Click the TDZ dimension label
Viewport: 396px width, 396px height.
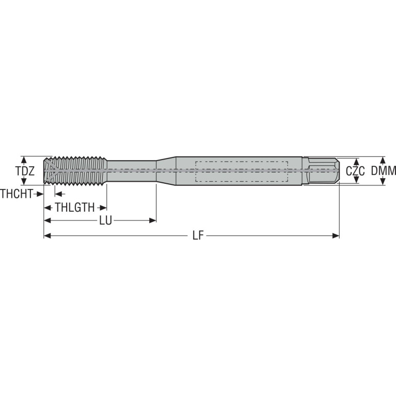click(x=25, y=171)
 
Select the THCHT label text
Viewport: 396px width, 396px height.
click(x=17, y=194)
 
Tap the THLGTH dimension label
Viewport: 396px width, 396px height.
click(x=75, y=208)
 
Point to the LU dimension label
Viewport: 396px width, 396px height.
click(x=105, y=221)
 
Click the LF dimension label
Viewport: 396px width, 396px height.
click(x=198, y=236)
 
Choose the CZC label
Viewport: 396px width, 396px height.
click(x=355, y=171)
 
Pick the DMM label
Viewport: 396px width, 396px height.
click(x=384, y=171)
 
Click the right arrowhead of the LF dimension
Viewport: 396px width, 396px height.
click(x=336, y=236)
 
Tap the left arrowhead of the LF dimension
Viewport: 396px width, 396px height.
click(x=47, y=236)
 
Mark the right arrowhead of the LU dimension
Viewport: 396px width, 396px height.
click(x=153, y=221)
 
